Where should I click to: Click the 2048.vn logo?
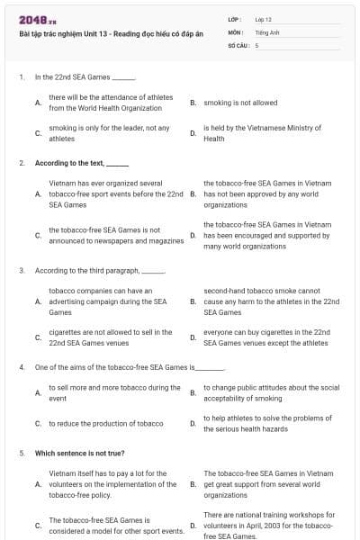[32, 19]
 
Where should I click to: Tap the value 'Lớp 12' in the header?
[264, 19]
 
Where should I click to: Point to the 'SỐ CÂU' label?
[238, 44]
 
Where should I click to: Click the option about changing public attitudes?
[271, 392]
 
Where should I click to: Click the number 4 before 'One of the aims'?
[22, 367]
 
